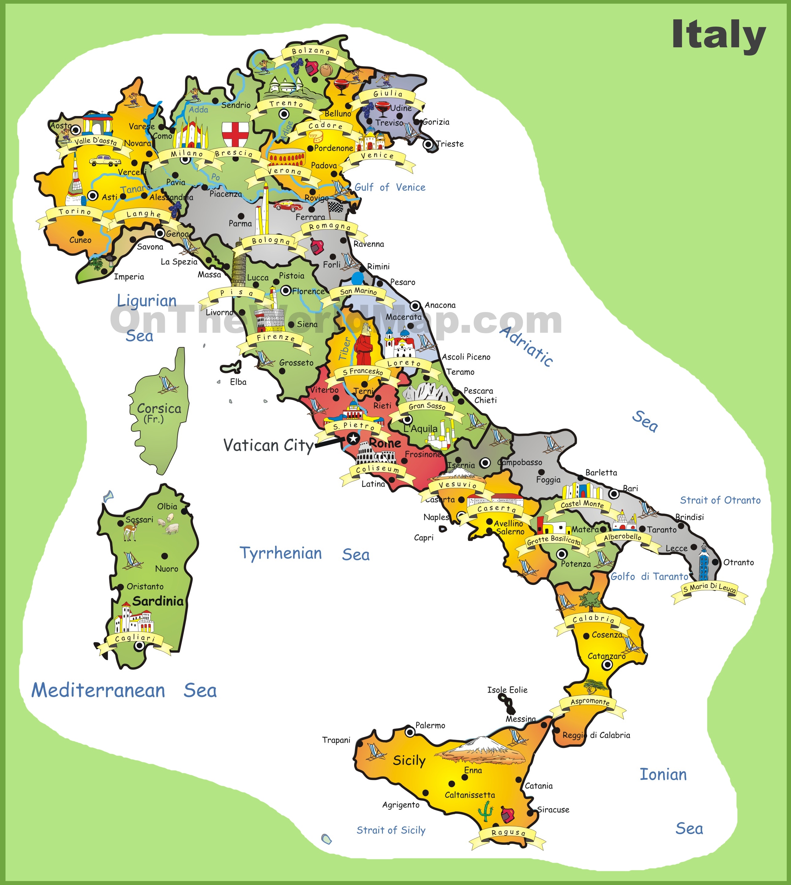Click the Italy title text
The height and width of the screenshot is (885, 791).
[718, 35]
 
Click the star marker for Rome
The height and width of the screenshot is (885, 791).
[353, 438]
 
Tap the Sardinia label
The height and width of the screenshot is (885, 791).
[158, 601]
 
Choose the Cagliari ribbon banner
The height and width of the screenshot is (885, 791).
[135, 638]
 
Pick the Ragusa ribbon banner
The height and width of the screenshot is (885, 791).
[508, 832]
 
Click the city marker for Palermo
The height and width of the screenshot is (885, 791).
[410, 732]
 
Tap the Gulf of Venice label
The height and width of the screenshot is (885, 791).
[390, 187]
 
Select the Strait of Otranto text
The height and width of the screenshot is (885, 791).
[720, 500]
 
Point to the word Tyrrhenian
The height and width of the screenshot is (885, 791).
[281, 553]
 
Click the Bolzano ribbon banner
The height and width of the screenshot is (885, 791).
[311, 52]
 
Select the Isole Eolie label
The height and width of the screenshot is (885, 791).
[507, 690]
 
